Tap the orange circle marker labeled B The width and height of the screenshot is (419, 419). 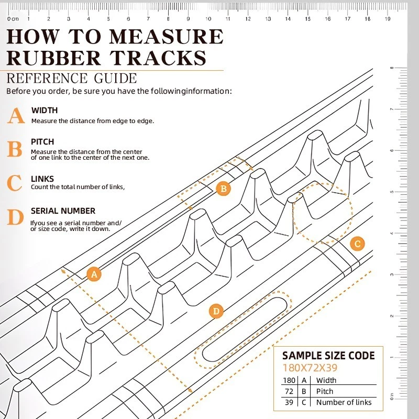[224, 189]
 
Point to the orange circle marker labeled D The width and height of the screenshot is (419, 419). [216, 312]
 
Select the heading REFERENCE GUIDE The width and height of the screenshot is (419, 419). [72, 79]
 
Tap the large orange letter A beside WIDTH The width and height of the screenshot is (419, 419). [16, 116]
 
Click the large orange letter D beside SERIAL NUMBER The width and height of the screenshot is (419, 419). [16, 217]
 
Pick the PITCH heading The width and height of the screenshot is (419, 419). [42, 142]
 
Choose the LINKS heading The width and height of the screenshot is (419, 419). [42, 179]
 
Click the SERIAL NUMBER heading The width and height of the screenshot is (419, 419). [63, 211]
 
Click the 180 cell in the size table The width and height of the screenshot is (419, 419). [289, 380]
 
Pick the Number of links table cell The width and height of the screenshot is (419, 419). [344, 402]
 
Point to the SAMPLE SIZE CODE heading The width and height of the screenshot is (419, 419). [328, 356]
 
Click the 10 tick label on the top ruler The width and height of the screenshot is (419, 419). [208, 19]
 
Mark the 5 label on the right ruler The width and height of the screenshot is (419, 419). [391, 192]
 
